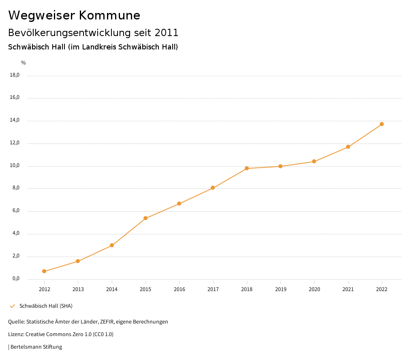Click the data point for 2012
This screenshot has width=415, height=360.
coord(44,271)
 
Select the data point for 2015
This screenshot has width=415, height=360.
coord(145,218)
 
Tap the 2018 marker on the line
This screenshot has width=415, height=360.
coord(247,168)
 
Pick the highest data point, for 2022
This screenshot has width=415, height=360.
coord(382,124)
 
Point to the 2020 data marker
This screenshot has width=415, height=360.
coord(314,161)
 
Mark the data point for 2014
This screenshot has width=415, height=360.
coord(112,245)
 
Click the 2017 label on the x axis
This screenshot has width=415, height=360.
coord(213,289)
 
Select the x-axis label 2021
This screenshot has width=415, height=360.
coord(348,289)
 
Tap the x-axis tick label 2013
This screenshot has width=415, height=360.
coord(78,289)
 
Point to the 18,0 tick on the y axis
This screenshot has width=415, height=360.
coord(15,75)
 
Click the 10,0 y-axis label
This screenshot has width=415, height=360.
coord(15,166)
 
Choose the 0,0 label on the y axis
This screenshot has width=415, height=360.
coord(15,279)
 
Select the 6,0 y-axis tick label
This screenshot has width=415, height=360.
coord(15,211)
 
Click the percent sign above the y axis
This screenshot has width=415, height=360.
coord(24,62)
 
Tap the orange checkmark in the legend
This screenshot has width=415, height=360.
coord(12,306)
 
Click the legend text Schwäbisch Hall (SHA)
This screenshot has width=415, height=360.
coord(46,306)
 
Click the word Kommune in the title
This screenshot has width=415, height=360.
coord(109,15)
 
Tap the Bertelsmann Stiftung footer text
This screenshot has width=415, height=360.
coord(36,347)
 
